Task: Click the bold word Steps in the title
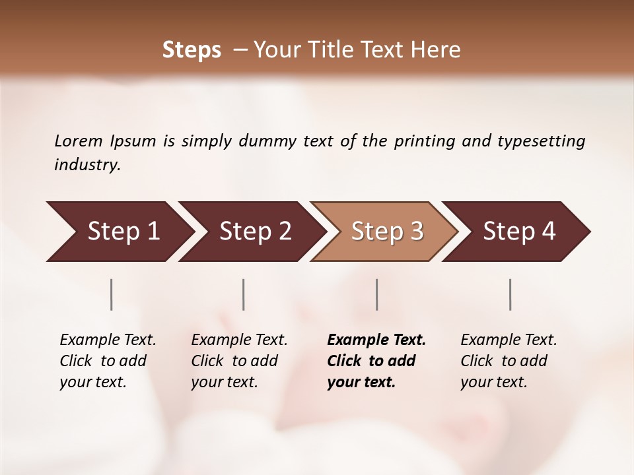click(x=192, y=50)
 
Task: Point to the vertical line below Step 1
click(x=112, y=294)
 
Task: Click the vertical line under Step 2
click(x=244, y=294)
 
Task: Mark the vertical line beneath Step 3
click(x=377, y=294)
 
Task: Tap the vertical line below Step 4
click(x=511, y=294)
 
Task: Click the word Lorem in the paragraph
click(x=78, y=141)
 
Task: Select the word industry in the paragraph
click(x=87, y=165)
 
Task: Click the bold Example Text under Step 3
click(x=376, y=340)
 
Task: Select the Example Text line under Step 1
click(x=108, y=340)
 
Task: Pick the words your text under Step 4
click(x=493, y=382)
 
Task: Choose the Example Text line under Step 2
click(x=239, y=340)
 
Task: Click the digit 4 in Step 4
click(x=548, y=232)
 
